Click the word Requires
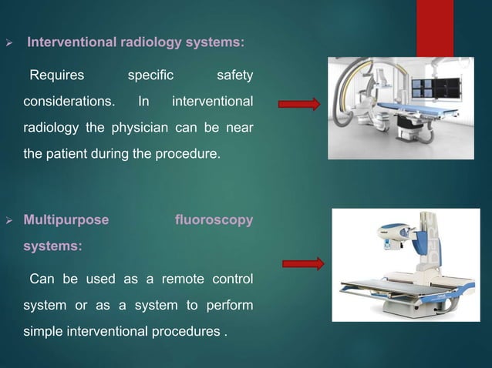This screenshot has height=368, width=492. (56, 75)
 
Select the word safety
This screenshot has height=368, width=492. (234, 75)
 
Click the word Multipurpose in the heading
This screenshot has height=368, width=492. (66, 221)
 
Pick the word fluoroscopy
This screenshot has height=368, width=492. (214, 221)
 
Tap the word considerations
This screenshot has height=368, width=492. (69, 102)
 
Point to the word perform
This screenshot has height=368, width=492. (231, 305)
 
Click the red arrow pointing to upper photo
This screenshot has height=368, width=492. (298, 105)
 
